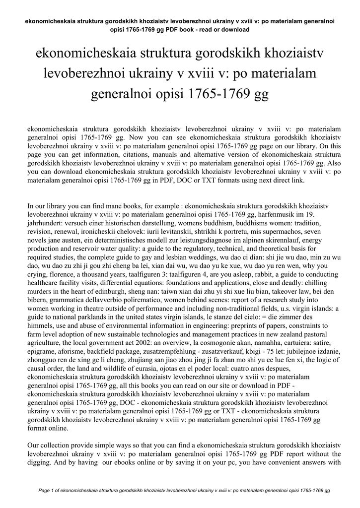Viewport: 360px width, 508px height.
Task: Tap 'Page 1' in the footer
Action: (x=47, y=491)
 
